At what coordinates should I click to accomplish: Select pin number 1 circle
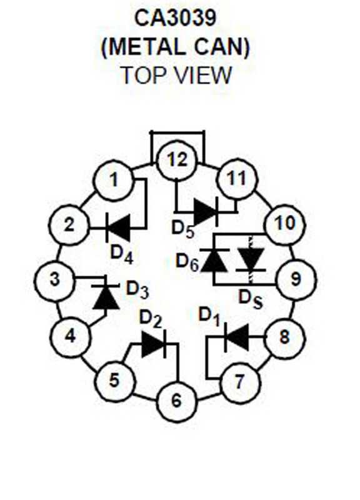(x=113, y=180)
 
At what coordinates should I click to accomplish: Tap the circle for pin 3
(x=54, y=281)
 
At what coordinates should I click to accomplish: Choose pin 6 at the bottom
(x=176, y=401)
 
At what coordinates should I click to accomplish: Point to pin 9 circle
(x=296, y=279)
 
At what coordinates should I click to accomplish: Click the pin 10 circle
(x=285, y=224)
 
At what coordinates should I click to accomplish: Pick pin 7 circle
(x=240, y=381)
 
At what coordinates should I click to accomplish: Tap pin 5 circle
(x=114, y=381)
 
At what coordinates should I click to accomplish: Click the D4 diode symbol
(x=117, y=227)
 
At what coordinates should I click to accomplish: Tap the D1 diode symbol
(x=237, y=336)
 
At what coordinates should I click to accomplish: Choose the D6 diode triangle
(x=215, y=261)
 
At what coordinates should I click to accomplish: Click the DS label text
(x=251, y=300)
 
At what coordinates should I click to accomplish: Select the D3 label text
(x=137, y=290)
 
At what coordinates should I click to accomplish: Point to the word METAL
(x=146, y=46)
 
